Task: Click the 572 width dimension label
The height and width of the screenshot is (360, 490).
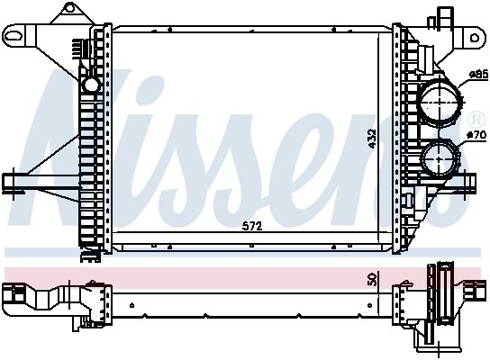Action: coord(253,227)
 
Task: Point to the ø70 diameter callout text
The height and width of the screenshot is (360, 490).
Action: coord(476,135)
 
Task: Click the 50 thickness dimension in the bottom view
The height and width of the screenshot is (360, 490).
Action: coord(371,280)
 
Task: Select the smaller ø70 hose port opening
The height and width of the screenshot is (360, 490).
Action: coord(439,160)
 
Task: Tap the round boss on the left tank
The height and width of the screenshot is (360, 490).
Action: coord(90,84)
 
